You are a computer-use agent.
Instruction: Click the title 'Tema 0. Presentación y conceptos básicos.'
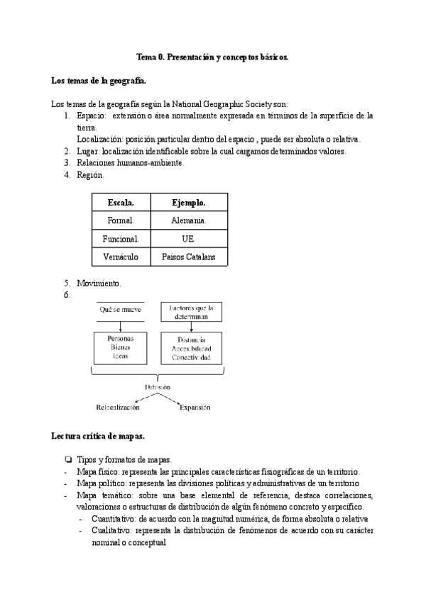212,58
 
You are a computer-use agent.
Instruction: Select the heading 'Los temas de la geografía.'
99,82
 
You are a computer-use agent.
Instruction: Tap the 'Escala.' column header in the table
121,203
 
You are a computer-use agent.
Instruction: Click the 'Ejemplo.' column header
189,203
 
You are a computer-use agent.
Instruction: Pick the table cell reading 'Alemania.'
189,221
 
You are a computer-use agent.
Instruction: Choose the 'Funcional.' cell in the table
121,239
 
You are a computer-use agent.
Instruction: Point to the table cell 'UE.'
189,239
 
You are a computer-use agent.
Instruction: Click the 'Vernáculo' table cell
121,257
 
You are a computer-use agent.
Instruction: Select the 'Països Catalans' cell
189,257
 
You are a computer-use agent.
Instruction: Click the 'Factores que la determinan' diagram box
191,313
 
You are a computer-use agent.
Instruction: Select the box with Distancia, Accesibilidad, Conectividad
191,348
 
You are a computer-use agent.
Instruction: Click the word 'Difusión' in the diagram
158,387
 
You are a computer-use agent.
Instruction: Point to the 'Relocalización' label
118,408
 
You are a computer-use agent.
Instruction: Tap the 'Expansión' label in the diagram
195,408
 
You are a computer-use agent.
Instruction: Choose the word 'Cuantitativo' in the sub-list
116,519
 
